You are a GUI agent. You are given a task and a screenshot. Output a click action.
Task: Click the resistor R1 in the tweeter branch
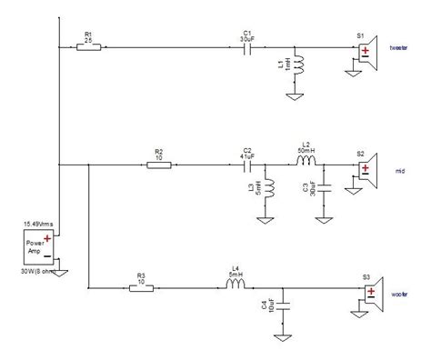[x=89, y=49]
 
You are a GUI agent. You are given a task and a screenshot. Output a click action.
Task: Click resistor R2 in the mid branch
[x=159, y=165]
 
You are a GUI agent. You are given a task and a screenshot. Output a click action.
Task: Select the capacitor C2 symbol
[x=246, y=165]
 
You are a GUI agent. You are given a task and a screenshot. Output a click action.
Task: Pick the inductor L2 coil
[x=306, y=165]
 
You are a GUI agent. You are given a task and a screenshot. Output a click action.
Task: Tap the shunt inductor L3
[x=266, y=188]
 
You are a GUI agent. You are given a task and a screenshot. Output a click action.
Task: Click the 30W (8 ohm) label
[x=38, y=272]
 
